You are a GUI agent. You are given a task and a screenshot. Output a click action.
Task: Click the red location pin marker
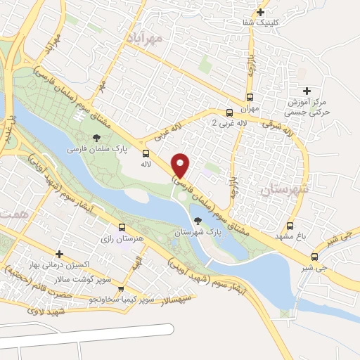181,166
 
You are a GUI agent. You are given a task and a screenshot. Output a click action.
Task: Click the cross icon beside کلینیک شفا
261,12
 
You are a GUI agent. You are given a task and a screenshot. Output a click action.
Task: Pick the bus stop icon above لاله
146,153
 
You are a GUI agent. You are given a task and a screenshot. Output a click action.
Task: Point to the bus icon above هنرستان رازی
122,227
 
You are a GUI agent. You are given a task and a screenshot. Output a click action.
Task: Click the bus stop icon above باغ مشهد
290,226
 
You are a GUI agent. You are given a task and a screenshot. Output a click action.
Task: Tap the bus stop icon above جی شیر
314,257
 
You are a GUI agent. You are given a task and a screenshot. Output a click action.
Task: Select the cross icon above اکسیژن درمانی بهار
59,253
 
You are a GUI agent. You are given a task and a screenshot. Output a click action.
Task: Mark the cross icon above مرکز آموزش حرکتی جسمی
306,91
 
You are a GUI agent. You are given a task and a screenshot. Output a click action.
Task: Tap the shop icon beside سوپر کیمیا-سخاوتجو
121,289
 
